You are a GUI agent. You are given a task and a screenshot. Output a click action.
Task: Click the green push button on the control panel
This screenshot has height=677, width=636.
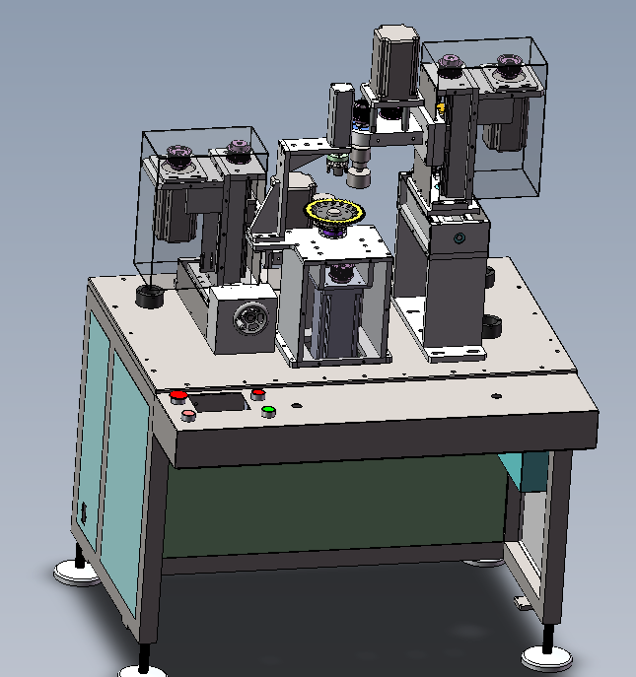click(267, 411)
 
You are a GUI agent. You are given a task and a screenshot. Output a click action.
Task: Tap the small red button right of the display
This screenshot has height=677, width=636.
click(258, 393)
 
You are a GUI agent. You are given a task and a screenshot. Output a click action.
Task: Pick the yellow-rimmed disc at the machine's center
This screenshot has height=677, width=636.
click(333, 213)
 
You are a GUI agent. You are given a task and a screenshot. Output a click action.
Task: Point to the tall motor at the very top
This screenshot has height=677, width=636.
click(392, 61)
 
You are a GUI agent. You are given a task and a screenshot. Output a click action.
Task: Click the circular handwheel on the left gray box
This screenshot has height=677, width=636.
click(247, 320)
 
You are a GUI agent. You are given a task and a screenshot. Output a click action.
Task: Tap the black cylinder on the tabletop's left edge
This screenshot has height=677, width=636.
click(150, 296)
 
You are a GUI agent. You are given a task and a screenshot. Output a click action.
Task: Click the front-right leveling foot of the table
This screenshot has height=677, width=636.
click(545, 654)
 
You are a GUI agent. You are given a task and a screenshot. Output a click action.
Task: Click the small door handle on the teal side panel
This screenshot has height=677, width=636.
click(84, 513)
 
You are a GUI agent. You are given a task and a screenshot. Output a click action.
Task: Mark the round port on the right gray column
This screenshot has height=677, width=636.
click(458, 239)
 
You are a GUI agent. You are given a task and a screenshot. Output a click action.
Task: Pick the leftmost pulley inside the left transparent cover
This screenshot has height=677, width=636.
click(179, 155)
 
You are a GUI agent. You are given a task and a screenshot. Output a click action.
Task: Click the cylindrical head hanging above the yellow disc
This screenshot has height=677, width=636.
click(357, 173)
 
